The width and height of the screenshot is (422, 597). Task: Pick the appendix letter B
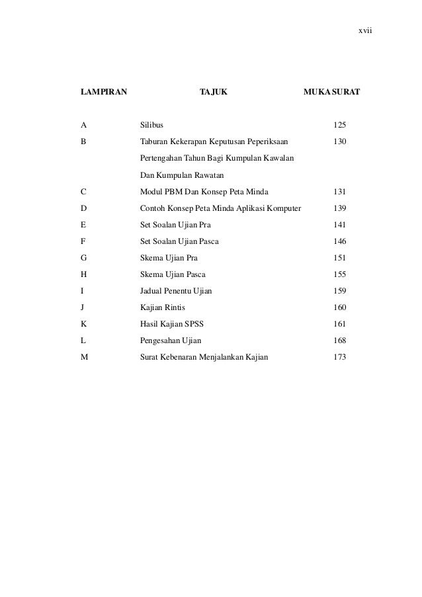tap(83, 141)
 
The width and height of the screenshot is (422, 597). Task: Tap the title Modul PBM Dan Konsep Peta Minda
tap(204, 192)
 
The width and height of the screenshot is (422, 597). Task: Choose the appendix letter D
tap(83, 208)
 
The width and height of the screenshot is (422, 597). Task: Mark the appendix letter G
tap(83, 258)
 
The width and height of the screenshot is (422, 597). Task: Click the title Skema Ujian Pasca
tap(173, 274)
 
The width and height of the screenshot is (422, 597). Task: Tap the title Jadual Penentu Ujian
tap(177, 291)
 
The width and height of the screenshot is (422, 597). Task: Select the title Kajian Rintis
tap(160, 307)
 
